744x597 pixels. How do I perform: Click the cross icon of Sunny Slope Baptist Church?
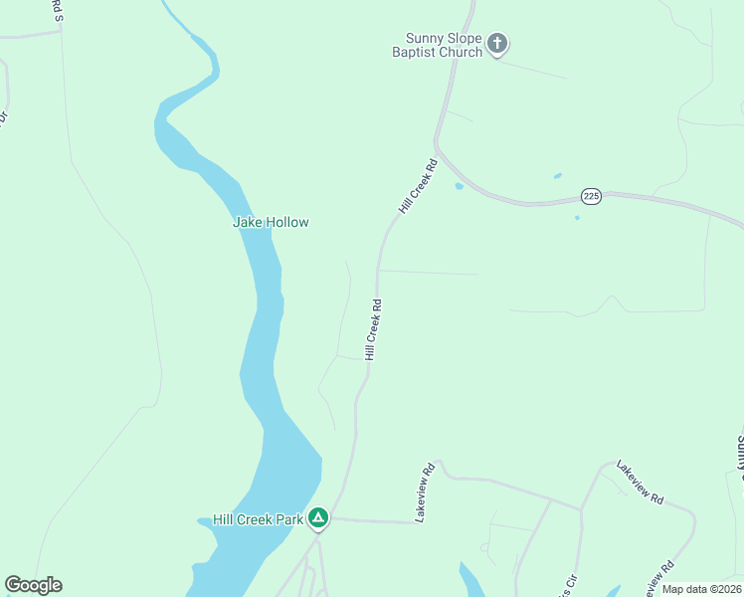(x=498, y=43)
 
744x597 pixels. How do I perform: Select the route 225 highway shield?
(x=592, y=196)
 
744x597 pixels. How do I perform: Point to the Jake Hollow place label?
(x=271, y=222)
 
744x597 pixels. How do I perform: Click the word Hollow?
(x=286, y=222)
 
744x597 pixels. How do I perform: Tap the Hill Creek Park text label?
(x=257, y=519)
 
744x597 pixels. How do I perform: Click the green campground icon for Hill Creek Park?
(x=318, y=517)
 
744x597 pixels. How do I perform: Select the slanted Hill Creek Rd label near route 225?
(x=418, y=186)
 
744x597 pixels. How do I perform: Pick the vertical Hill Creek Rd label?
(x=373, y=329)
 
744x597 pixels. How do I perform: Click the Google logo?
(x=33, y=585)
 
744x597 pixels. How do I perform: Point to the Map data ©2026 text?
(x=701, y=589)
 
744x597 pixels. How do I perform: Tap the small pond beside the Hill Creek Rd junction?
(x=459, y=185)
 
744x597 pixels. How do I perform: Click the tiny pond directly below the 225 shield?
(x=577, y=218)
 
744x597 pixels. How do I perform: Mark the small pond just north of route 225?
(x=558, y=176)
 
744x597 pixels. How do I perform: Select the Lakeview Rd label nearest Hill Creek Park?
(x=426, y=493)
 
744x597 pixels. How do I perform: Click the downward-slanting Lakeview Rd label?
(x=640, y=482)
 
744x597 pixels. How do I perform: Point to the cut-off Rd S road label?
(x=57, y=10)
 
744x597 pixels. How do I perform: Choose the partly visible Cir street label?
(x=571, y=585)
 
